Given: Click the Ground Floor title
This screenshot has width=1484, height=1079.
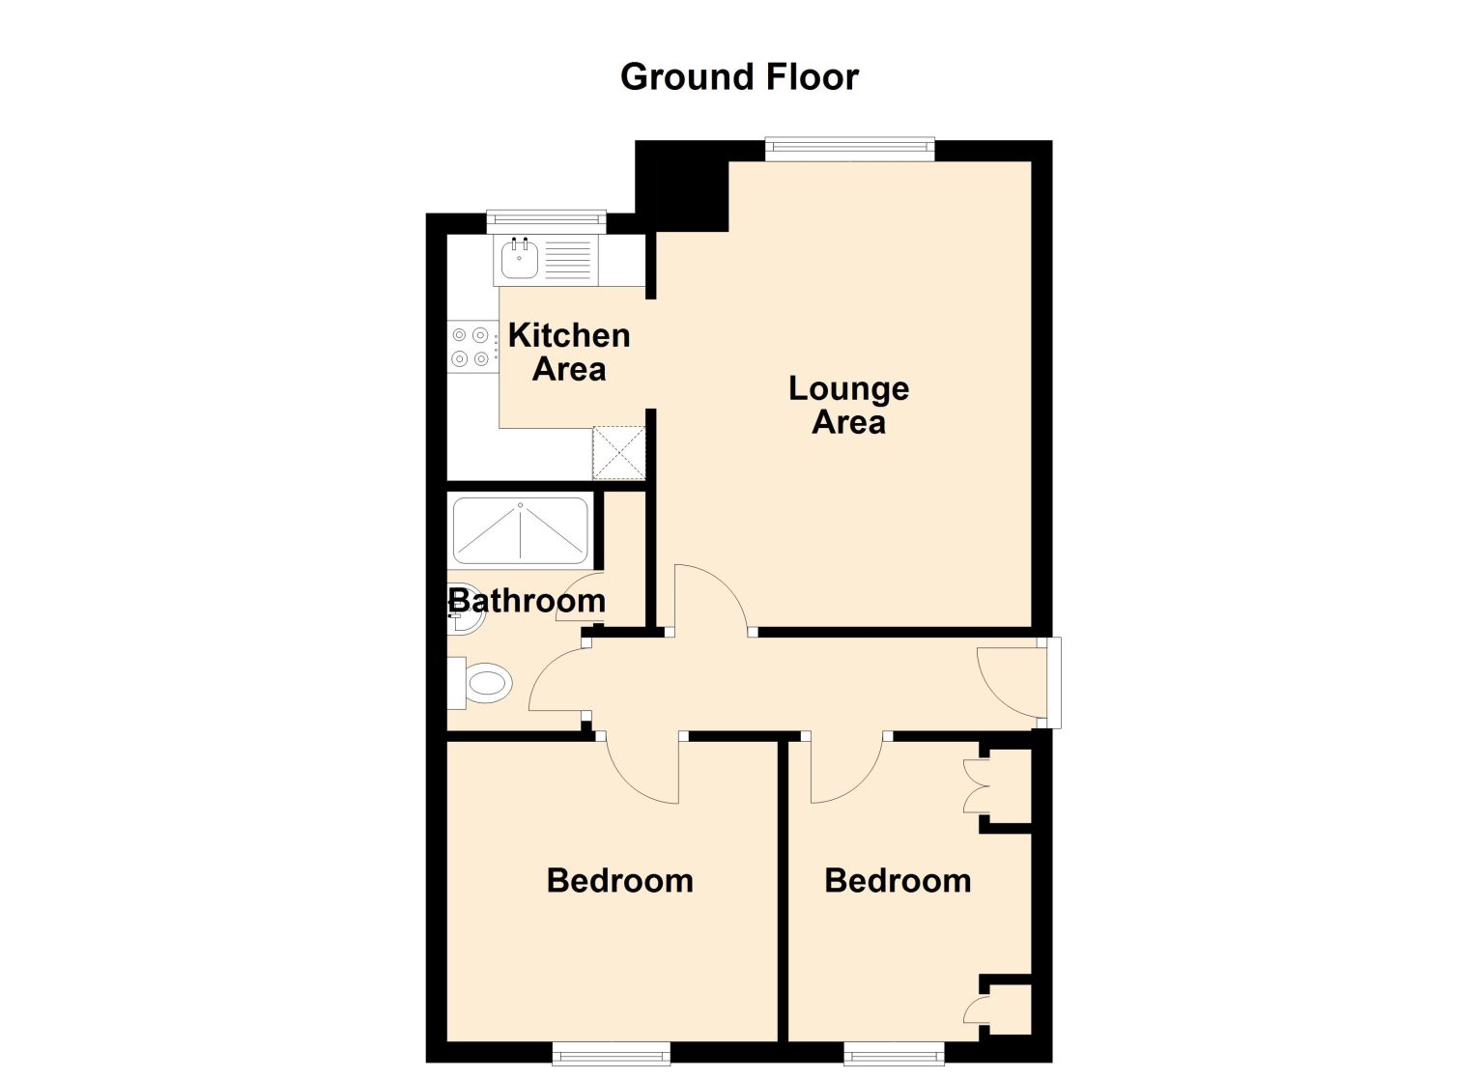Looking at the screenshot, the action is click(x=739, y=77).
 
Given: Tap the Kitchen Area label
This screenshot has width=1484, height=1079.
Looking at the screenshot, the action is click(x=569, y=353).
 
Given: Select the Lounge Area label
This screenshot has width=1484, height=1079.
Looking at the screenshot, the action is click(x=848, y=406).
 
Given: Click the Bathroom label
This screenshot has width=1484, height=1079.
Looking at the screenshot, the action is click(x=528, y=602).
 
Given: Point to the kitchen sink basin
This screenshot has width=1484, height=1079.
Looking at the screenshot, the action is click(x=520, y=260).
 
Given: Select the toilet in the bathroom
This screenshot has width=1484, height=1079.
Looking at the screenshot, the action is click(x=481, y=683).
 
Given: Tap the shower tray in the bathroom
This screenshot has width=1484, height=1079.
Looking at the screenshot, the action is click(x=520, y=531).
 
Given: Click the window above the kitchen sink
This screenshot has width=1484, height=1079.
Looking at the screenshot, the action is click(x=547, y=221).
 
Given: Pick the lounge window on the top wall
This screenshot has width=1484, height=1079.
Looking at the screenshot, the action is click(x=849, y=149).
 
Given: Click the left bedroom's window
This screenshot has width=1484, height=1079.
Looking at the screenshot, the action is click(x=611, y=1054).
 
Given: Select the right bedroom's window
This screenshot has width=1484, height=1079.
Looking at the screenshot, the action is click(x=895, y=1054).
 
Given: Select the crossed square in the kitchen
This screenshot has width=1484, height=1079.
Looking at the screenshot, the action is click(x=618, y=453).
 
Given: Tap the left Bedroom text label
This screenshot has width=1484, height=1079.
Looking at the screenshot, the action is click(x=620, y=881).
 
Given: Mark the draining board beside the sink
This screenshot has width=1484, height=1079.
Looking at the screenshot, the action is click(x=567, y=260).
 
